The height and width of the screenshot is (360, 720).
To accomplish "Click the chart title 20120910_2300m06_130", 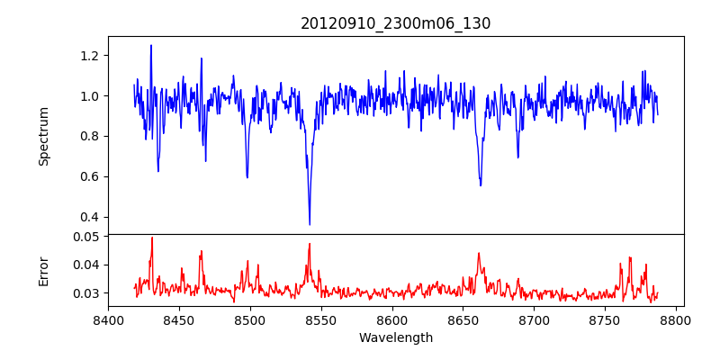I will (395, 23).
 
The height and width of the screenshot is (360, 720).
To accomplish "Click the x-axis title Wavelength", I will (395, 338).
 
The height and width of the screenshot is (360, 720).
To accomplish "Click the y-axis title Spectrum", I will (43, 136).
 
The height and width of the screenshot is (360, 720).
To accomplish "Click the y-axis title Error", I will (43, 269).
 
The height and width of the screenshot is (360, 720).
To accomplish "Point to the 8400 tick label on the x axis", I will (108, 319).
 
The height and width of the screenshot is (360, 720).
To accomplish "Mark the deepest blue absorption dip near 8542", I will (310, 224).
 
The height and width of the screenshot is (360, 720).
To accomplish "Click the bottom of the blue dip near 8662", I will (481, 185).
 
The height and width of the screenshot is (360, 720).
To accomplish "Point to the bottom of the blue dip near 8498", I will (247, 177).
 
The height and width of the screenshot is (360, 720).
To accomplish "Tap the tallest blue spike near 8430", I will (151, 45).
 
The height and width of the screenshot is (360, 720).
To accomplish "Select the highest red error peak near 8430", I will (152, 238).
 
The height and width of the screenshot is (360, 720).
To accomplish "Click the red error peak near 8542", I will (310, 244).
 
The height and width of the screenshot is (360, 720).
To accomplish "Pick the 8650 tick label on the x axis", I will (463, 319).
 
